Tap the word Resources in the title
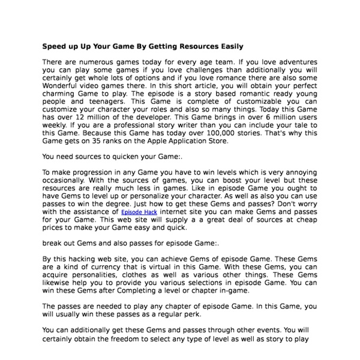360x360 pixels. (x=195, y=46)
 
